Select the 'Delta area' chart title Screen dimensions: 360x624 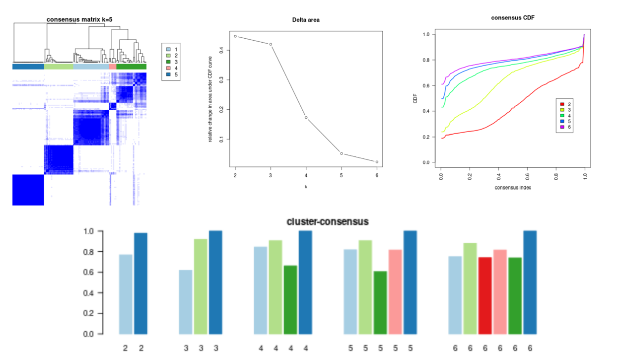(306, 19)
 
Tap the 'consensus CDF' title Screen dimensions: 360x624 (512, 17)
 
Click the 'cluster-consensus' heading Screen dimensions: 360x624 (328, 221)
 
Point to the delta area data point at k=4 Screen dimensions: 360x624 (306, 118)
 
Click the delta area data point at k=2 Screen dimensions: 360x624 (235, 36)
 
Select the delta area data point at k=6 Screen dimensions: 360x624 (377, 162)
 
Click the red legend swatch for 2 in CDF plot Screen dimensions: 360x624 (562, 104)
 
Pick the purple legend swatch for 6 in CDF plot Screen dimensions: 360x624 (562, 127)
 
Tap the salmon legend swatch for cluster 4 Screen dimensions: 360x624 (169, 69)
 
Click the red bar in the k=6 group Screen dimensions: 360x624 (485, 295)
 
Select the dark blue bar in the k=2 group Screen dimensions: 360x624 (141, 283)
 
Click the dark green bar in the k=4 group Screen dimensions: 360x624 (290, 299)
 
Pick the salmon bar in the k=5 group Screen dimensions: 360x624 (395, 291)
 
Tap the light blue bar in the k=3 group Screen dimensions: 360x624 (186, 301)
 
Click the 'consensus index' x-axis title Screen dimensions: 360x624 (512, 187)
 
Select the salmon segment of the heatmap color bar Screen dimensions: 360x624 (113, 67)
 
